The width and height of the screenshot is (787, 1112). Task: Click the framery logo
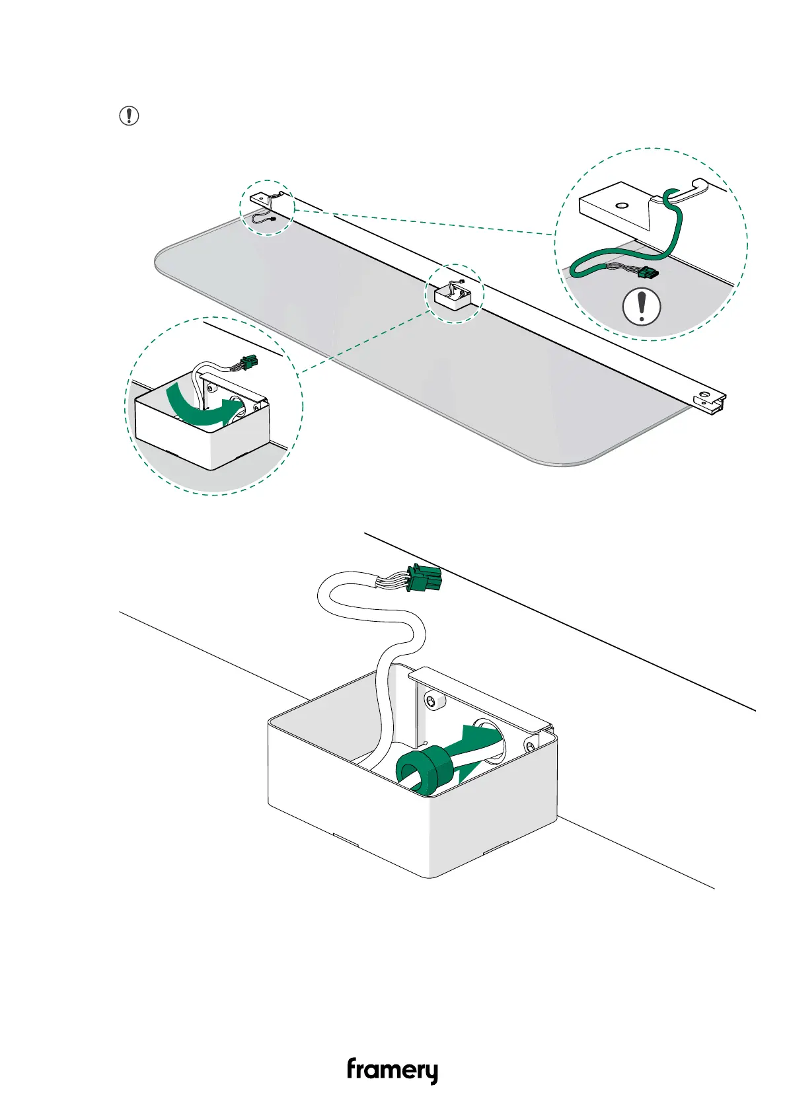coord(392,1070)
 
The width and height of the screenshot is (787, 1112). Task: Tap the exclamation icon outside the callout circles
coord(129,116)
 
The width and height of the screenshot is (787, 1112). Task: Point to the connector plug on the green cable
coord(648,273)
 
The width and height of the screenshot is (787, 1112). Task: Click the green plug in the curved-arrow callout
coord(249,362)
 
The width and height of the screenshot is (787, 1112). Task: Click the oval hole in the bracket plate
coord(621,205)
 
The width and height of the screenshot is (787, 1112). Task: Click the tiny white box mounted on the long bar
coord(452,296)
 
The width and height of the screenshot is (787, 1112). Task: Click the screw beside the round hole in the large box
coord(531,746)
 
